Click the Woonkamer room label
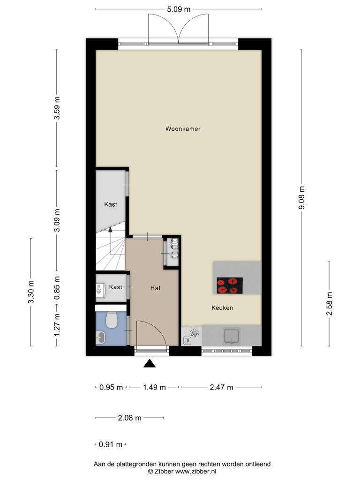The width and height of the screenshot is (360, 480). coord(183,129)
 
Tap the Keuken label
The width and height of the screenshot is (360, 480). coord(222,307)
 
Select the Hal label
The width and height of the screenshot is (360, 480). coord(155,288)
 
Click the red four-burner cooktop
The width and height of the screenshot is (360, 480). coord(230,285)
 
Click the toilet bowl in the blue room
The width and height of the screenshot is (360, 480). coord(112,320)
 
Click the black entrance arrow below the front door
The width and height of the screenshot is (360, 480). coord(150,363)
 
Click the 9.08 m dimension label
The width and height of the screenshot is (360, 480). coord(301,197)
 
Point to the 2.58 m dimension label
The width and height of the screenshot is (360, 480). coord(330,304)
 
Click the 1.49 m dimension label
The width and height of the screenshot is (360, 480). coord(154,387)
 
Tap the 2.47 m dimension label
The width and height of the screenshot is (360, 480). coord(221,387)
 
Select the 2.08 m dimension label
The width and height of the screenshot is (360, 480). coord(129,418)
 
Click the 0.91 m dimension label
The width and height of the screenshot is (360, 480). coord(111,444)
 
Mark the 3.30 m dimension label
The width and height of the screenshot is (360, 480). coord(31,292)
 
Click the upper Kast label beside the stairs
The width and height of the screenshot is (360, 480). coord(111,204)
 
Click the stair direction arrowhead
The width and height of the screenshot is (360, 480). coord(110,229)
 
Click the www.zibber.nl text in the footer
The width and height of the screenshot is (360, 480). coord(195,472)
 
